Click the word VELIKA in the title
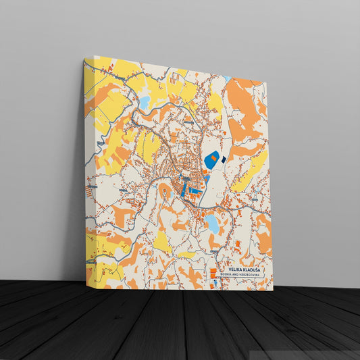pos(235,270)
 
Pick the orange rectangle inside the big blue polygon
pos(213,157)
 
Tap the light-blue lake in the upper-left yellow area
pos(144,103)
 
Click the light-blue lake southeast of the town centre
pos(212,224)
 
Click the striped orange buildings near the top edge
pos(174,79)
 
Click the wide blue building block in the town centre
pos(194,191)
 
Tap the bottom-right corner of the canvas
pos(272,290)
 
